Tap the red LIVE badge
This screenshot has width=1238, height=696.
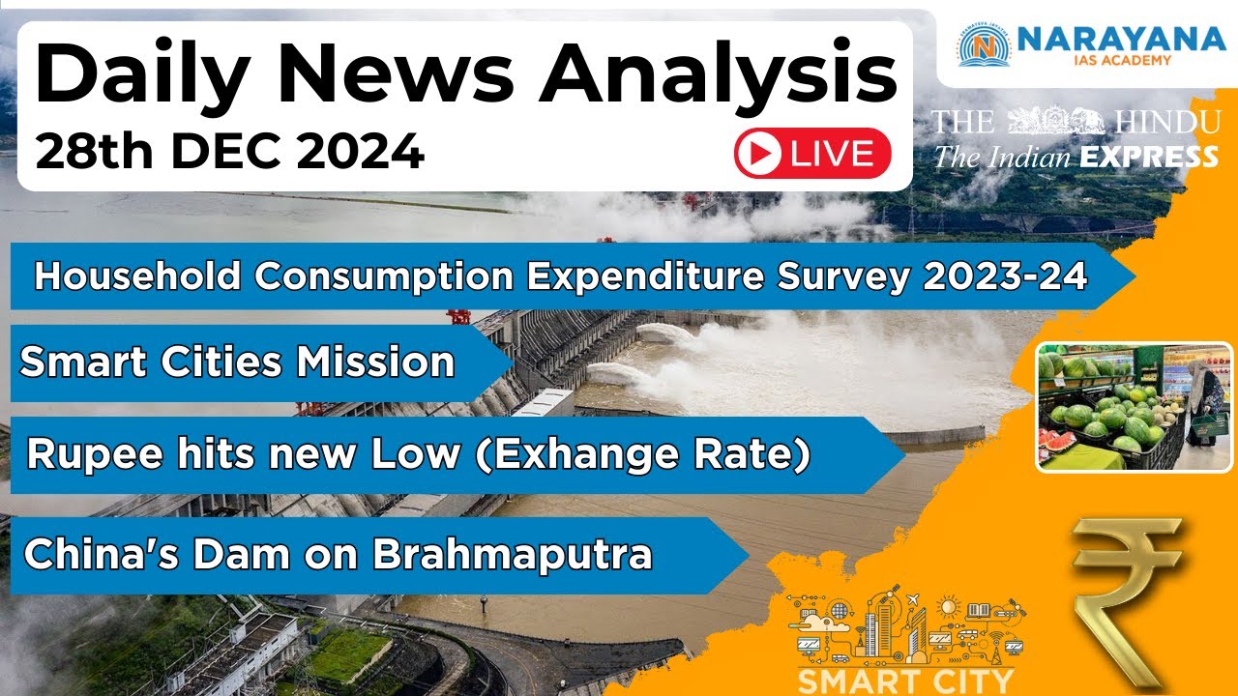(x=812, y=154)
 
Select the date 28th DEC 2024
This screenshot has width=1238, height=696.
(x=229, y=152)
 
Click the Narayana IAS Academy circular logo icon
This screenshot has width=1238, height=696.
(x=984, y=44)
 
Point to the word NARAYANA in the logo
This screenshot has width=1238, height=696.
(x=1121, y=39)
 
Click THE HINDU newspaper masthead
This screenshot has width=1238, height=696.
(x=1075, y=122)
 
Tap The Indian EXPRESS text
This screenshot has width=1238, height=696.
(x=1075, y=157)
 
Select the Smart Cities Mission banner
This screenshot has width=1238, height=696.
(x=237, y=362)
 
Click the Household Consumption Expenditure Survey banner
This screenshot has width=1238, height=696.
(x=561, y=276)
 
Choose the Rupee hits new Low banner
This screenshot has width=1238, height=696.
(x=418, y=455)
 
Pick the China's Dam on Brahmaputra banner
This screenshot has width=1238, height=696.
(x=338, y=555)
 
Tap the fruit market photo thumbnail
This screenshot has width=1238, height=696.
(x=1134, y=407)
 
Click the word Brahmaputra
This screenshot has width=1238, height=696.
(x=513, y=555)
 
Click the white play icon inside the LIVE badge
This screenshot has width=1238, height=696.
(x=759, y=154)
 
